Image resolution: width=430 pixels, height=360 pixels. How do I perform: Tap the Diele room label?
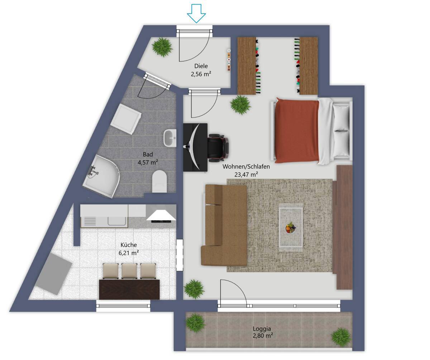click(x=201, y=66)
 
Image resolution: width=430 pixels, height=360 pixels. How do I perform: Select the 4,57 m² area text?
click(x=148, y=162)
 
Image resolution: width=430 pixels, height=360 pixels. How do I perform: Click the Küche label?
click(x=129, y=245)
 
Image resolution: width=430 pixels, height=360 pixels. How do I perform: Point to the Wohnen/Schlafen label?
click(x=246, y=166)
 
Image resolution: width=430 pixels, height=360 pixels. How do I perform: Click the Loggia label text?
click(x=262, y=329)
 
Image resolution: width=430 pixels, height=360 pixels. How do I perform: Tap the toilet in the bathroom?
click(x=159, y=181)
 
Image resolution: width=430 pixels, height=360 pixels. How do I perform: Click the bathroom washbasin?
click(x=170, y=138)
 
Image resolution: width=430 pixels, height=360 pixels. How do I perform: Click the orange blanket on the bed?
click(x=297, y=131)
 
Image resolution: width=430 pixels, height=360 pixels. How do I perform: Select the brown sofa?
click(x=224, y=225)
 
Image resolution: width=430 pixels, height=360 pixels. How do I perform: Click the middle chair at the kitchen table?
click(x=129, y=271)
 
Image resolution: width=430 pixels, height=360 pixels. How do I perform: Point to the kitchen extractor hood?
click(x=161, y=215)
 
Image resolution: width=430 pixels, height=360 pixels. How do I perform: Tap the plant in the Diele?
click(x=162, y=47)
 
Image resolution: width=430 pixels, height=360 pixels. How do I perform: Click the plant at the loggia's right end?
click(x=341, y=337)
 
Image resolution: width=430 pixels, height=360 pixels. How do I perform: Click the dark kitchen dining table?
click(x=129, y=289)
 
